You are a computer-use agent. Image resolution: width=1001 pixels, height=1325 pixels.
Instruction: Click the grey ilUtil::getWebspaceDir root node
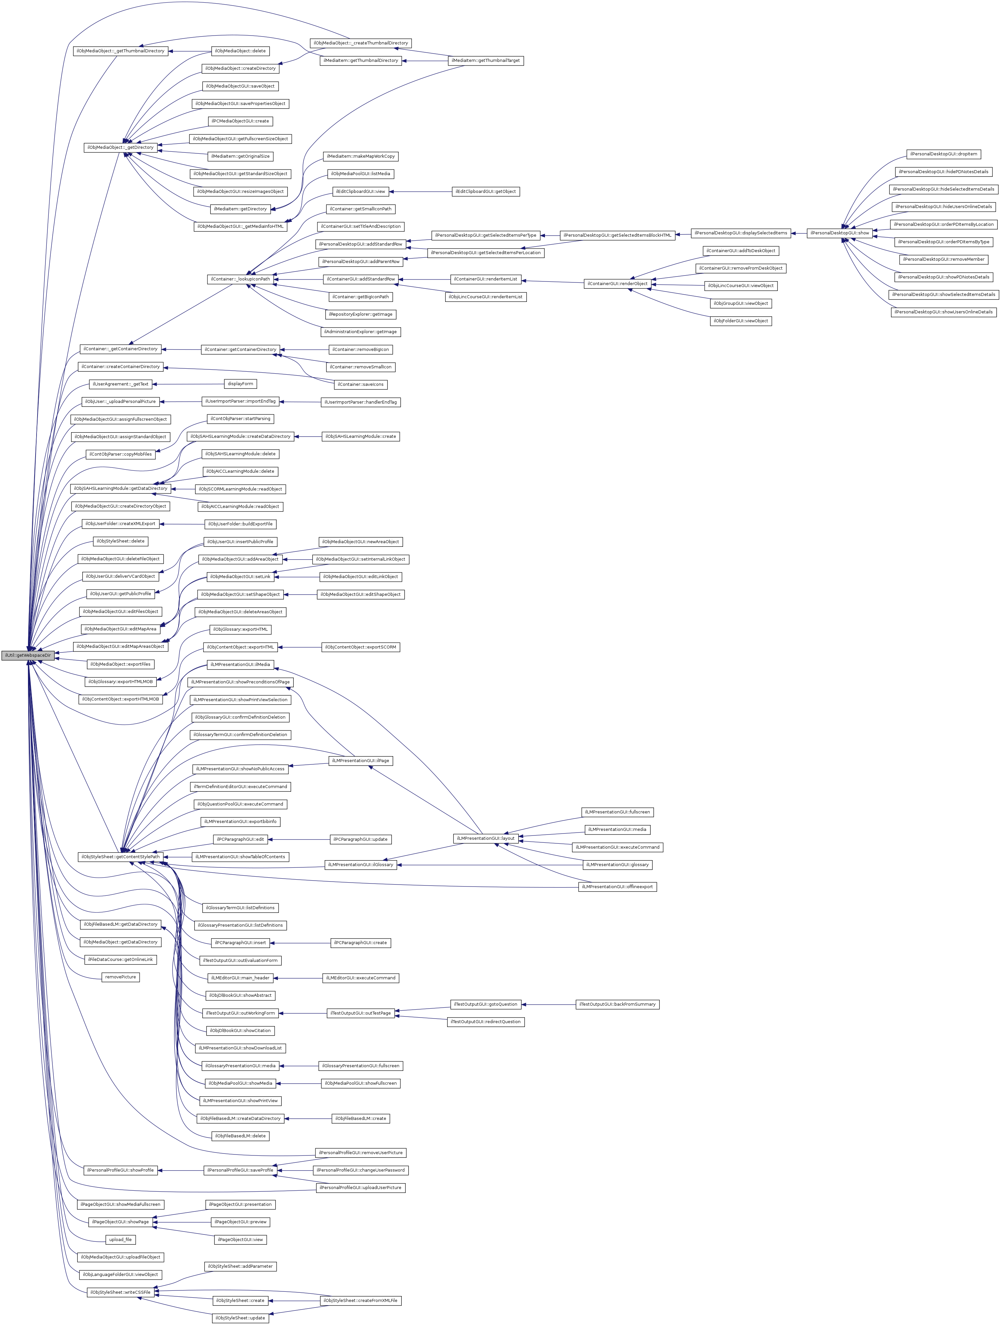(28, 655)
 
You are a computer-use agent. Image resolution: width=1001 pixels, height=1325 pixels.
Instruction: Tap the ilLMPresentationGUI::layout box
(485, 838)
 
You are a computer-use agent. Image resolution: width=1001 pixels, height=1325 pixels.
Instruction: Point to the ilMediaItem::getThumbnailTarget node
(486, 61)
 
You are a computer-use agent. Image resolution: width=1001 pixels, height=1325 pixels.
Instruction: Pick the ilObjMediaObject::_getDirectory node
(120, 147)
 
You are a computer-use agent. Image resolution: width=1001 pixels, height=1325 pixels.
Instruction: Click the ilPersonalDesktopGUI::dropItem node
(943, 154)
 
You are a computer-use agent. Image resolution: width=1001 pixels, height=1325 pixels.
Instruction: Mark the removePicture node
(121, 977)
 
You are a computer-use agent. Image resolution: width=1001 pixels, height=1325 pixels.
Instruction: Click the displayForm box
(240, 384)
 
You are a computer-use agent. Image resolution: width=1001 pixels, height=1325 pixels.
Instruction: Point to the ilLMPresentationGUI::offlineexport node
(617, 887)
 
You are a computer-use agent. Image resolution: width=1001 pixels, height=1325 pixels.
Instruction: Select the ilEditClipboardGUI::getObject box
(485, 192)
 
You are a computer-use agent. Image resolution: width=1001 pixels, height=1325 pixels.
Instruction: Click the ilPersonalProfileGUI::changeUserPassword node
(360, 1170)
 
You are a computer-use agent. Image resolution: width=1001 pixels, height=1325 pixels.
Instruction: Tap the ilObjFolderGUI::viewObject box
(741, 321)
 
